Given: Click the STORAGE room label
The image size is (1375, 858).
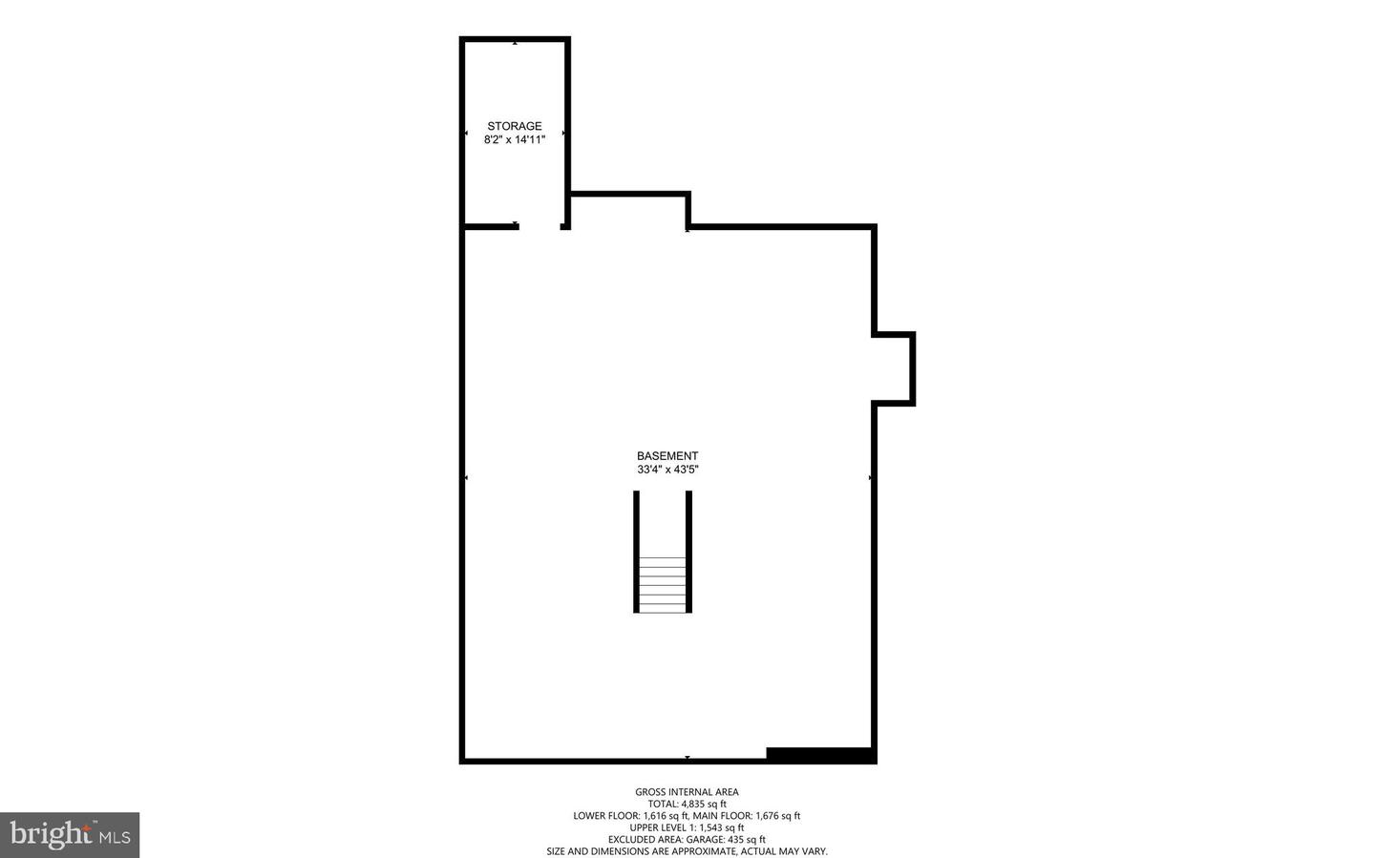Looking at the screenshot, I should pyautogui.click(x=514, y=126).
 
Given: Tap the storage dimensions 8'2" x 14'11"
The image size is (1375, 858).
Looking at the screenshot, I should pyautogui.click(x=514, y=139).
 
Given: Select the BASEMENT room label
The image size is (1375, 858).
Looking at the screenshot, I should pyautogui.click(x=667, y=456).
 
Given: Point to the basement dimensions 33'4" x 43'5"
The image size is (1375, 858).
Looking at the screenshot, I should pyautogui.click(x=667, y=470).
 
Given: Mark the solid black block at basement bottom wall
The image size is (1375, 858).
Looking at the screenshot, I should pyautogui.click(x=820, y=755).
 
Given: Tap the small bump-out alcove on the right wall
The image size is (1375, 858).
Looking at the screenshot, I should pyautogui.click(x=896, y=368).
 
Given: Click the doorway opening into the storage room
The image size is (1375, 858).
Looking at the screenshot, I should pyautogui.click(x=539, y=226).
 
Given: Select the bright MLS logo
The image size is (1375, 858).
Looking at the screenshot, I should pyautogui.click(x=70, y=835).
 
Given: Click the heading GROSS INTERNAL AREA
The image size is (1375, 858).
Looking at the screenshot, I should pyautogui.click(x=687, y=791).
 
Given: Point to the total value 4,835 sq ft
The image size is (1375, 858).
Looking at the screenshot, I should pyautogui.click(x=703, y=804).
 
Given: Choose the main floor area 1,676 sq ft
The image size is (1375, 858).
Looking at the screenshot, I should pyautogui.click(x=777, y=816).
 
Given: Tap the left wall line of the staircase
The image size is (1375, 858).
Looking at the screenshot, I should pyautogui.click(x=636, y=551).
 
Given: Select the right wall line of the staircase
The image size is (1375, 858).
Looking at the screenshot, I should pyautogui.click(x=689, y=551).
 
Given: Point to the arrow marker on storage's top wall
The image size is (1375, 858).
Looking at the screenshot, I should pyautogui.click(x=516, y=43).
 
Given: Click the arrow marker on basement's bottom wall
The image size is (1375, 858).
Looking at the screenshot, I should pyautogui.click(x=687, y=758).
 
